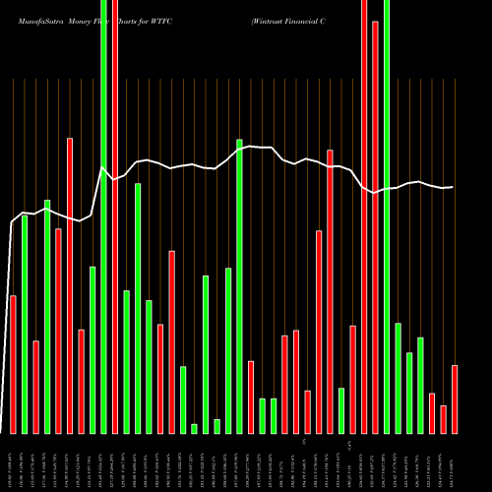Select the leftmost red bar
point(13,364)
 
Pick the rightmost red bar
point(455,399)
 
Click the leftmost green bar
point(25,324)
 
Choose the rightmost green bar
point(420,385)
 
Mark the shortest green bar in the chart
point(195,428)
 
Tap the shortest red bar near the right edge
point(444,419)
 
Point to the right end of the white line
point(453,187)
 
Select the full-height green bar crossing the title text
point(104,216)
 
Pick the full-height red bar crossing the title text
point(115,216)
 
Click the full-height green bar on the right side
point(387,216)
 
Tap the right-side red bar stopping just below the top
point(375,226)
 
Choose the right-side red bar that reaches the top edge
point(364,216)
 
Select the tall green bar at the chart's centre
point(239,285)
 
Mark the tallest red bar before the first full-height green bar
point(70,285)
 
